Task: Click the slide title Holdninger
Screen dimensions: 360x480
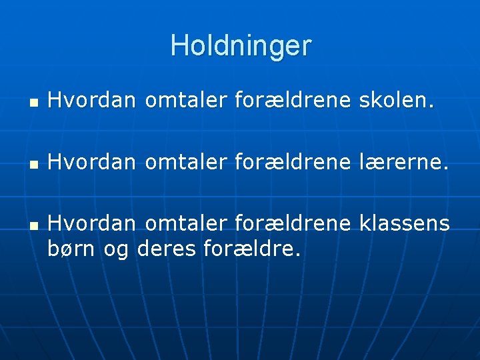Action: (x=241, y=46)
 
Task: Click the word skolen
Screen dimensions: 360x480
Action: (x=397, y=101)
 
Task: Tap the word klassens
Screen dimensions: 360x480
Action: (x=405, y=223)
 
